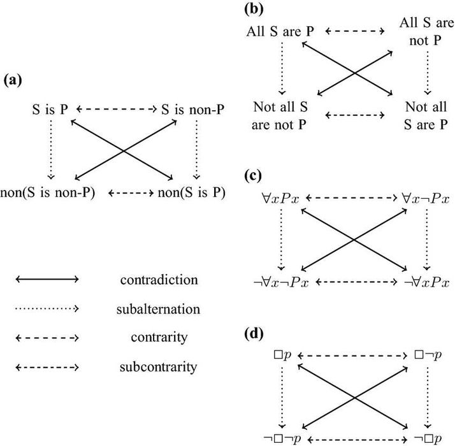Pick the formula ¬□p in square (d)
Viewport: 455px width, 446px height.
425,440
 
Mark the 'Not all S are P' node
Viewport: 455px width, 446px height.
425,115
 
